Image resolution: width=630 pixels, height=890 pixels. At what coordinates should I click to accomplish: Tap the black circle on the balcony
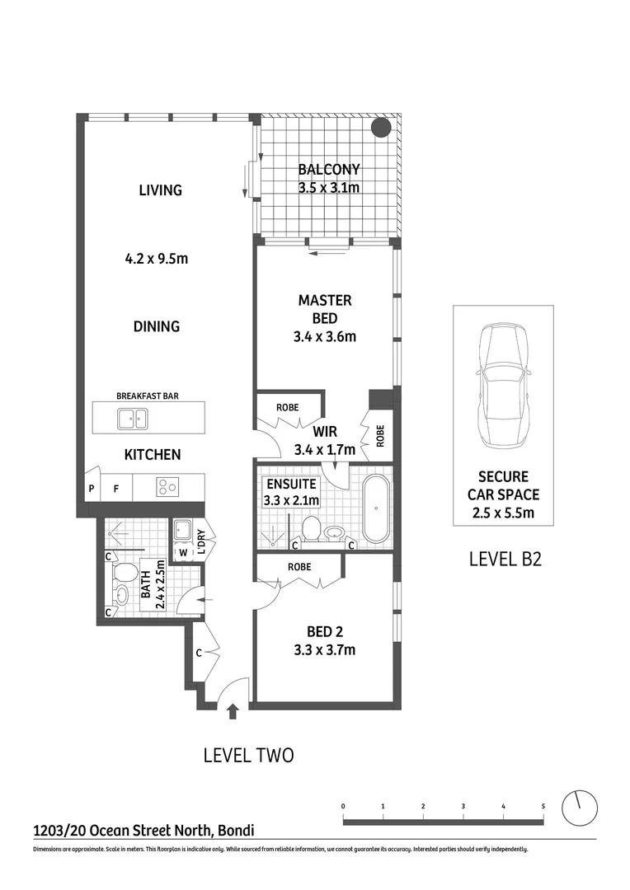click(x=380, y=128)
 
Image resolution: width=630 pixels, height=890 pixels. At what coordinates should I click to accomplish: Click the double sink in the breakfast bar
click(x=131, y=419)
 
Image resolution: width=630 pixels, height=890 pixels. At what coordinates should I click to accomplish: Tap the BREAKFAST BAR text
click(x=148, y=396)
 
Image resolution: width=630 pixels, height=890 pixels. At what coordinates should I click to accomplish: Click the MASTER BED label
click(x=325, y=309)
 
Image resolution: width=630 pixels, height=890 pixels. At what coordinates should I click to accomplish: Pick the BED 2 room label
click(x=325, y=632)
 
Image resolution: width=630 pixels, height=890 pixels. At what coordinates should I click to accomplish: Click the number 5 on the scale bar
click(x=543, y=805)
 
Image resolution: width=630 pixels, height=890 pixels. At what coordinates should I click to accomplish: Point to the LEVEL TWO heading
click(x=248, y=755)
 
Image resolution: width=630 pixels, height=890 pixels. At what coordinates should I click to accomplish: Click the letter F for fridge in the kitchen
click(x=116, y=489)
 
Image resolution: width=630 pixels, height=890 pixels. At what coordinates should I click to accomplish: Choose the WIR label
click(x=324, y=431)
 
